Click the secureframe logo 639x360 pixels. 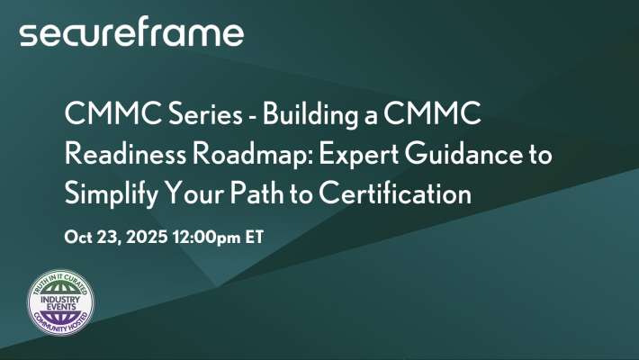pos(131,33)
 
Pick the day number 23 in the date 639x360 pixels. pos(107,238)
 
